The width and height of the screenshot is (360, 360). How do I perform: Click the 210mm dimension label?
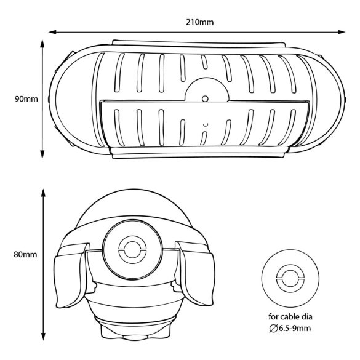199,22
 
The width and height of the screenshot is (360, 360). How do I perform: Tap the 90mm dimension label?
26,99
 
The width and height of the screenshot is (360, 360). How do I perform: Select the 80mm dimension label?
25,254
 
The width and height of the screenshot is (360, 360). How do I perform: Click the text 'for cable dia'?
290,317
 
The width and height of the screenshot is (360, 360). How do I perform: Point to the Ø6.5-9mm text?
290,329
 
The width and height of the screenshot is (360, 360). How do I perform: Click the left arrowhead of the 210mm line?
53,32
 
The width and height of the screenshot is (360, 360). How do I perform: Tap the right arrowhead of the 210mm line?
341,32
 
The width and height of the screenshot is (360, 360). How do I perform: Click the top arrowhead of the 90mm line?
42,44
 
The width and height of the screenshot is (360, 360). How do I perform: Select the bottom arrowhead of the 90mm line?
42,154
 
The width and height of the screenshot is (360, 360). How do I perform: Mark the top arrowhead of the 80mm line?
43,193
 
